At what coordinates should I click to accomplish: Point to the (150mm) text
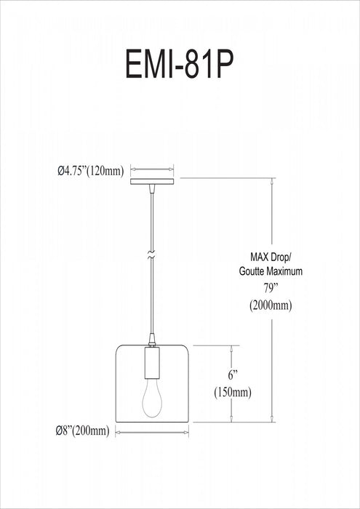click(233, 393)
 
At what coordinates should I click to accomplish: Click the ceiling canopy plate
click(152, 181)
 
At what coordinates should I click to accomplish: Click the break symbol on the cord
click(151, 257)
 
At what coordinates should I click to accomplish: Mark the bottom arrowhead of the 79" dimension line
click(273, 420)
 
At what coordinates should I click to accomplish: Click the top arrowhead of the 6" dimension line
click(232, 348)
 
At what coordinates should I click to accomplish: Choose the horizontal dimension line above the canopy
click(152, 170)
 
